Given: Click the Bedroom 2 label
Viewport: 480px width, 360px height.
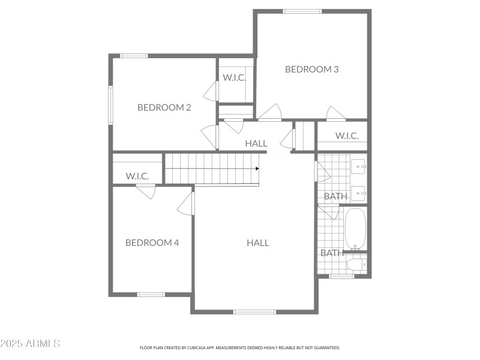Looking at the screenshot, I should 164,107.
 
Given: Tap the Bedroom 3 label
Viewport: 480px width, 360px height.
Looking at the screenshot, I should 311,69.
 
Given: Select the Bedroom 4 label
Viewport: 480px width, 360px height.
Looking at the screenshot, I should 152,242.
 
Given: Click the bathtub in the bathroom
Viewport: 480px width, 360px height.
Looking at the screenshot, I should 355,229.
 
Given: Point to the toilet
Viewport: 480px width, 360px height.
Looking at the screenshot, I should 356,263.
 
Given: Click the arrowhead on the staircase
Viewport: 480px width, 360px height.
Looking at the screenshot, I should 256,169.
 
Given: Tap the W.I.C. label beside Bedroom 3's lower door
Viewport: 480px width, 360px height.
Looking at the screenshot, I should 347,136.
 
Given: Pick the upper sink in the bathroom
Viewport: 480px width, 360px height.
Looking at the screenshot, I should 359,165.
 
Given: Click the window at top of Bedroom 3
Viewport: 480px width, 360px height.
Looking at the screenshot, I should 302,11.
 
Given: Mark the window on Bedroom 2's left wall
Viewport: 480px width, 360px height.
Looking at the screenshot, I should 110,106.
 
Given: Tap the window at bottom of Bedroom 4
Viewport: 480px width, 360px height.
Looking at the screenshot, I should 151,294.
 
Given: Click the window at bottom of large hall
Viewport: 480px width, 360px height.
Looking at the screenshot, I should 254,311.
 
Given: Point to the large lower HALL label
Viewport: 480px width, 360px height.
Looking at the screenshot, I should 257,242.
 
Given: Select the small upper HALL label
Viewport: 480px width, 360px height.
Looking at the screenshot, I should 256,143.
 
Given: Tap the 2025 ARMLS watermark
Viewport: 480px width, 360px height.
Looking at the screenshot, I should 30,344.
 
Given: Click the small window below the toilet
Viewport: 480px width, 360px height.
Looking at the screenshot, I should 341,276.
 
